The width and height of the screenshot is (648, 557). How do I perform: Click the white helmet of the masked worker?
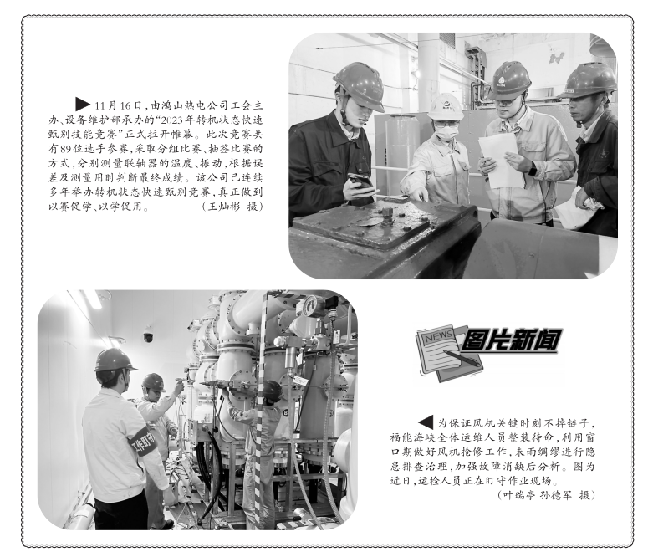(445, 107)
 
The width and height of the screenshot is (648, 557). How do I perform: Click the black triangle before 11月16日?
(82, 104)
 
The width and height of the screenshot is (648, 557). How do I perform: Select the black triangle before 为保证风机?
(426, 422)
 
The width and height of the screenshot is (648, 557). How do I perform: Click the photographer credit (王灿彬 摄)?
(232, 207)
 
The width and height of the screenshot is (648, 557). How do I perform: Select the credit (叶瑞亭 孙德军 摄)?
(546, 495)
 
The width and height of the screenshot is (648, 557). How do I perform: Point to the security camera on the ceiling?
(148, 335)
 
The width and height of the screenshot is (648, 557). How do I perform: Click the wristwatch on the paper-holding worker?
(532, 169)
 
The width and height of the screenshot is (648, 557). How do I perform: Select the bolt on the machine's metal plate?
(387, 215)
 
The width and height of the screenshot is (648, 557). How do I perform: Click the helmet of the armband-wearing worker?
(114, 360)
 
